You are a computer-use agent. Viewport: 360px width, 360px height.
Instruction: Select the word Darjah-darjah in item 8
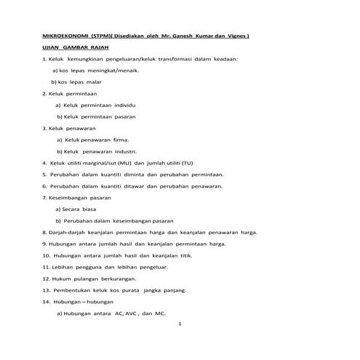tap(67, 232)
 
